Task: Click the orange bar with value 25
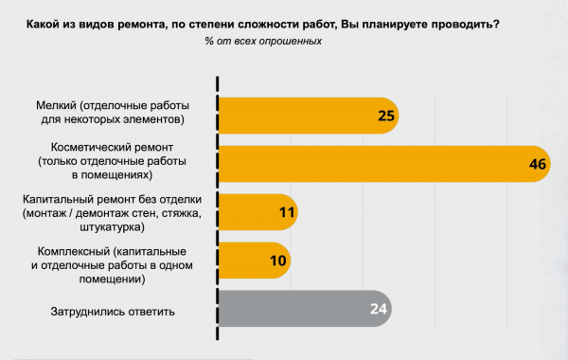[x=303, y=116]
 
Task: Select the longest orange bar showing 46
[x=379, y=164]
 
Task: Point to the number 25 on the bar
[x=384, y=116]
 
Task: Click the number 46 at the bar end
[x=539, y=164]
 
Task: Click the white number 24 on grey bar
[x=379, y=309]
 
